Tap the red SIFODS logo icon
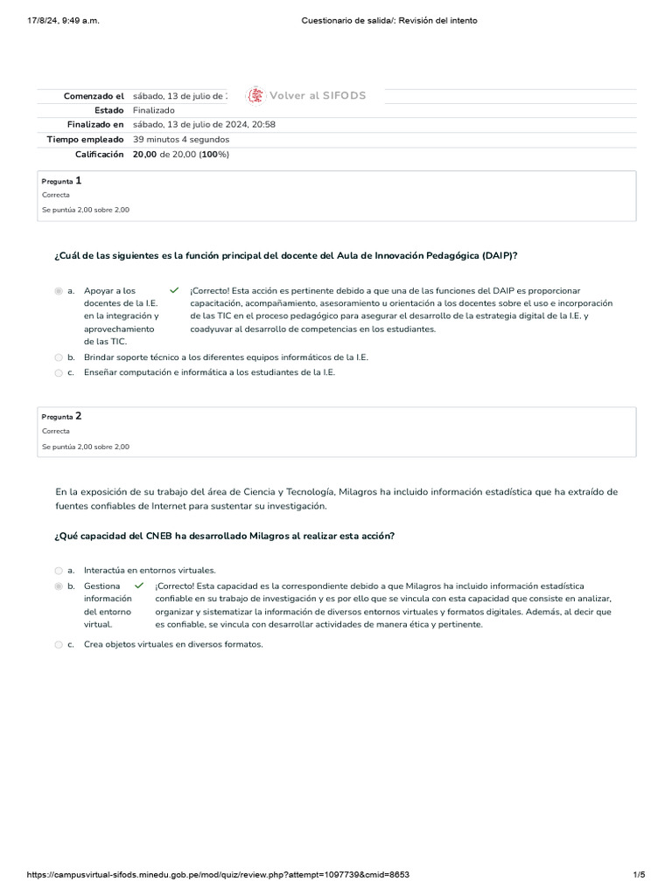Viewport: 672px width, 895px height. (255, 95)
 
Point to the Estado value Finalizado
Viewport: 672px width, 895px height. (153, 110)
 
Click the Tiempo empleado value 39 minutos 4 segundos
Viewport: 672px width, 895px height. (181, 139)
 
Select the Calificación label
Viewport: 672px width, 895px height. (101, 154)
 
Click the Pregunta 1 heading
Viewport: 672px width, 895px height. (61, 180)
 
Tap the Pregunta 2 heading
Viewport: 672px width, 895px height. (61, 416)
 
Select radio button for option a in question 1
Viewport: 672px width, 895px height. (59, 291)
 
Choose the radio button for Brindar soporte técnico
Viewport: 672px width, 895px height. (59, 357)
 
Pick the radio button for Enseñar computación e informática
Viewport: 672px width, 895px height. (59, 372)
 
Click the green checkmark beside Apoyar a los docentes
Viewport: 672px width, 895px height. (174, 290)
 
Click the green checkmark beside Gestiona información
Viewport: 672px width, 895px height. (139, 586)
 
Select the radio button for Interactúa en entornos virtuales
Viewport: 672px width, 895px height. (59, 570)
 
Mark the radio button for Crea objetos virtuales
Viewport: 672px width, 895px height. (59, 645)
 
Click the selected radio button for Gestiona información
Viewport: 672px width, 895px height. (59, 586)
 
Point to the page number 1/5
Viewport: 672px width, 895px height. (639, 875)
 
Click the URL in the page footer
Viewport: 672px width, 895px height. (219, 875)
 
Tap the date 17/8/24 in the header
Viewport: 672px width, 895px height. (46, 20)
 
